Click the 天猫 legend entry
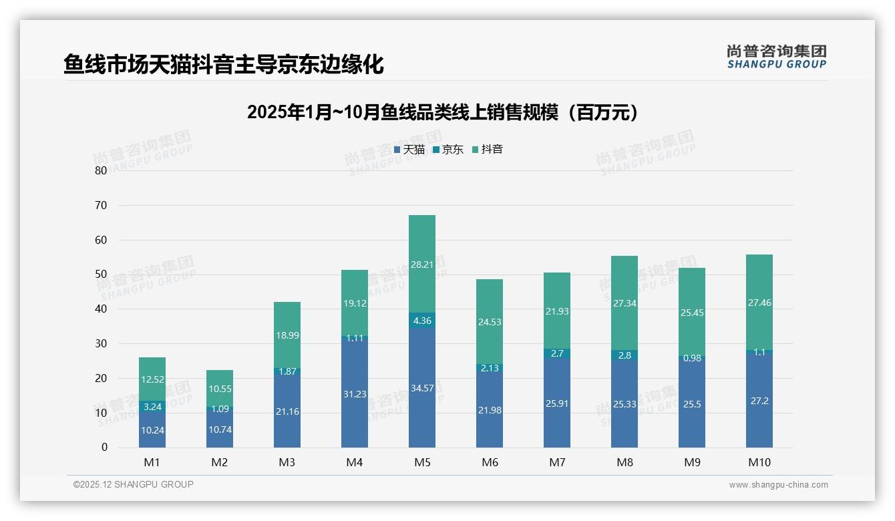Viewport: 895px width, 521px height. (x=409, y=150)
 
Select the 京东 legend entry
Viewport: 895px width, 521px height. (x=448, y=150)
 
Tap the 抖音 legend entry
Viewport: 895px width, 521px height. (x=488, y=150)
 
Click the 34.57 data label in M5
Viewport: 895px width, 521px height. (x=421, y=388)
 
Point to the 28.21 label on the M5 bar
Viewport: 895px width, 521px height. (x=421, y=265)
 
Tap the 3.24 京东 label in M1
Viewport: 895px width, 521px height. (x=152, y=406)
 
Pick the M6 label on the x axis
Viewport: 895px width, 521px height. (x=489, y=462)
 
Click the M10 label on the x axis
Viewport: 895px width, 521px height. (x=759, y=462)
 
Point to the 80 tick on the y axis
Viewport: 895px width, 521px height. (x=101, y=170)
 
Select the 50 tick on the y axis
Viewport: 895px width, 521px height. (x=101, y=275)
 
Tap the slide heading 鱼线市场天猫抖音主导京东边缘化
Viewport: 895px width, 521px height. (x=224, y=65)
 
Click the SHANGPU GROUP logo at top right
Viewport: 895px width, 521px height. (x=776, y=57)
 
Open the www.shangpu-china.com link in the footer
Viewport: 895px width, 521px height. (x=778, y=485)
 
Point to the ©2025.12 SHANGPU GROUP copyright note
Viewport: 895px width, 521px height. (x=134, y=485)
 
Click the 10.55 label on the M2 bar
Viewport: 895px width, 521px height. (x=220, y=388)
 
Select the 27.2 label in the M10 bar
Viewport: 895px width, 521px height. (x=759, y=401)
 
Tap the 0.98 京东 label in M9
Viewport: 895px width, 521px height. (x=691, y=359)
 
